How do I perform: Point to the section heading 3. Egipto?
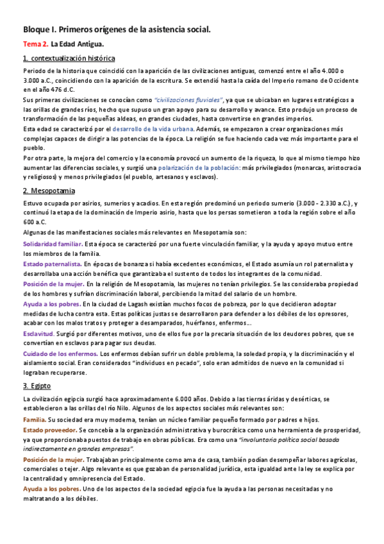pyautogui.click(x=37, y=386)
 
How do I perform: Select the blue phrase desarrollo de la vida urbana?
pyautogui.click(x=156, y=128)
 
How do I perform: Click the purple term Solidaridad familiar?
pyautogui.click(x=53, y=244)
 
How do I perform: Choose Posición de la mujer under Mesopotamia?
pyautogui.click(x=53, y=283)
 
